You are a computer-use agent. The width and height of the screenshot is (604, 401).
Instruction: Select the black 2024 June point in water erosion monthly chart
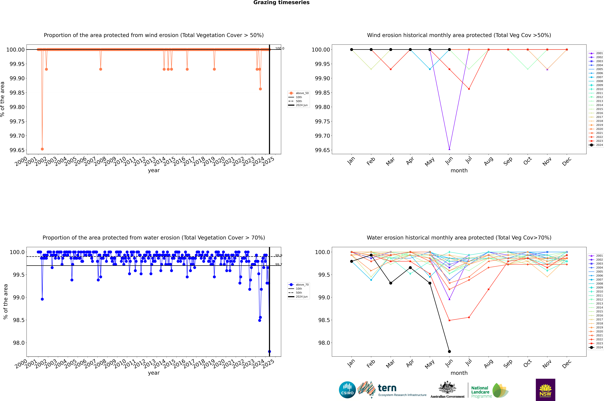click(x=449, y=351)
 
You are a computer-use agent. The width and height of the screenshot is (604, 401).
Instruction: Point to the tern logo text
click(x=387, y=388)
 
